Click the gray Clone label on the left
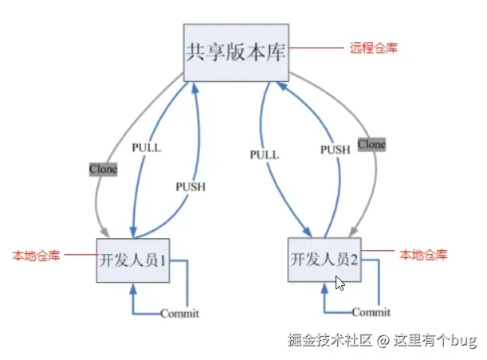click(x=103, y=169)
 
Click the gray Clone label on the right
click(x=371, y=144)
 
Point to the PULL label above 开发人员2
click(x=263, y=154)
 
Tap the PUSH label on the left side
click(x=190, y=186)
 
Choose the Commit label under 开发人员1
click(x=179, y=313)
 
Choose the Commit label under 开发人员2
click(x=371, y=311)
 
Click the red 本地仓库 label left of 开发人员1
click(x=36, y=256)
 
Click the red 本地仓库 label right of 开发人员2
click(x=423, y=255)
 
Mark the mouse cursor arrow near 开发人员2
click(x=340, y=283)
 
